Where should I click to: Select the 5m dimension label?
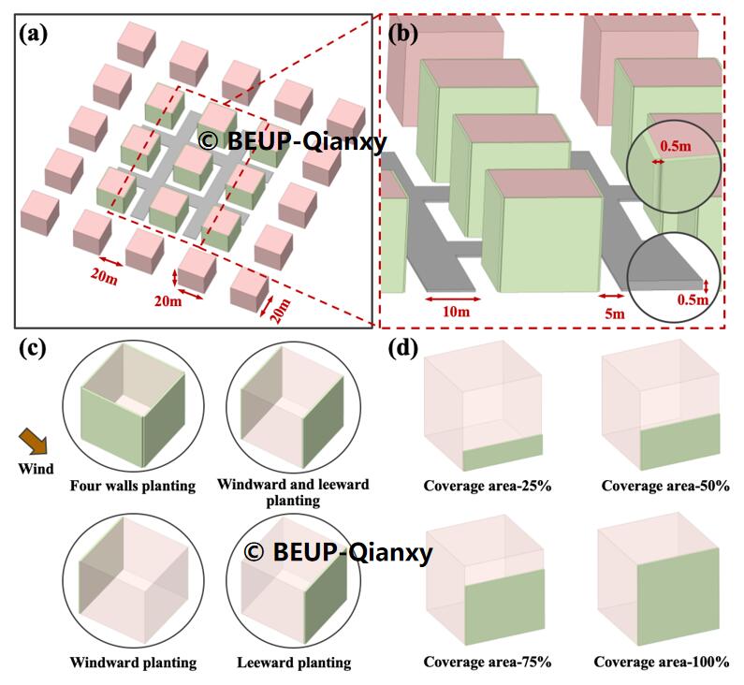click(x=613, y=313)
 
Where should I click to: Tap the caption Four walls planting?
click(x=132, y=486)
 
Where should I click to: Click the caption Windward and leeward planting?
click(x=293, y=492)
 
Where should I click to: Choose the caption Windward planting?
click(x=132, y=663)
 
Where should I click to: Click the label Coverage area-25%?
click(x=487, y=486)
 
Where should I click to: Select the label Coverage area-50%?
click(x=665, y=486)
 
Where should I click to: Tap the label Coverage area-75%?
click(x=487, y=663)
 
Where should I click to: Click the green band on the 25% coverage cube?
click(x=503, y=453)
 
